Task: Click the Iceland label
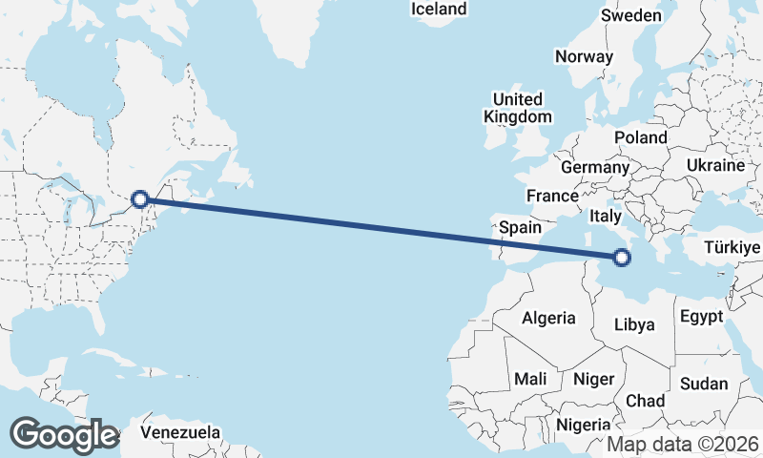(439, 10)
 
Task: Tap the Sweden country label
(630, 15)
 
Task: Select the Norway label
(584, 56)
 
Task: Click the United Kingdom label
(518, 108)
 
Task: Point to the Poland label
(641, 137)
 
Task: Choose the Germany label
(595, 168)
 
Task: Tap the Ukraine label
(714, 165)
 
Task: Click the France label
(553, 197)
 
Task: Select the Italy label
(608, 216)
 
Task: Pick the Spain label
(521, 229)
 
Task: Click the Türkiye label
(732, 248)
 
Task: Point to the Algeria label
(548, 319)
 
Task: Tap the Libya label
(634, 324)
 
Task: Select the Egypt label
(702, 317)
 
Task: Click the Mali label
(530, 380)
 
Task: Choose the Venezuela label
(180, 432)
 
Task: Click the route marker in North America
(140, 199)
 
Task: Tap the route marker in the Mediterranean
(622, 258)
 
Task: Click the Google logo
(64, 435)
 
